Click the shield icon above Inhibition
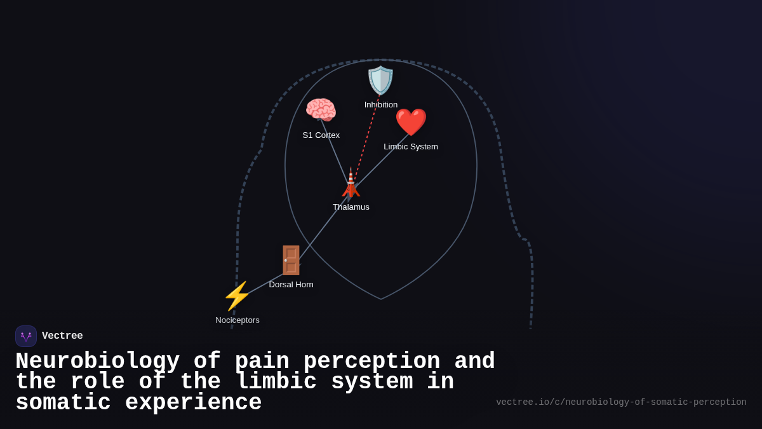(380, 81)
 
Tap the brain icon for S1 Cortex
(321, 111)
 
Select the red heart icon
(411, 122)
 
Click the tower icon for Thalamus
(351, 183)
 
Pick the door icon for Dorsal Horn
(291, 261)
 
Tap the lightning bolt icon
(237, 296)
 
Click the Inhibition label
(381, 105)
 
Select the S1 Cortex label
(321, 135)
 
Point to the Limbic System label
(411, 147)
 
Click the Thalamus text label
(351, 207)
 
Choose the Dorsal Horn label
(291, 285)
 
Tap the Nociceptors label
(237, 320)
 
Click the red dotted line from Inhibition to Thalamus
(367, 137)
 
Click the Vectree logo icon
(26, 336)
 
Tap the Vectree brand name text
(62, 336)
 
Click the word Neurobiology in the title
(97, 362)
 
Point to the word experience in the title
(193, 403)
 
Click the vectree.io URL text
(620, 402)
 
